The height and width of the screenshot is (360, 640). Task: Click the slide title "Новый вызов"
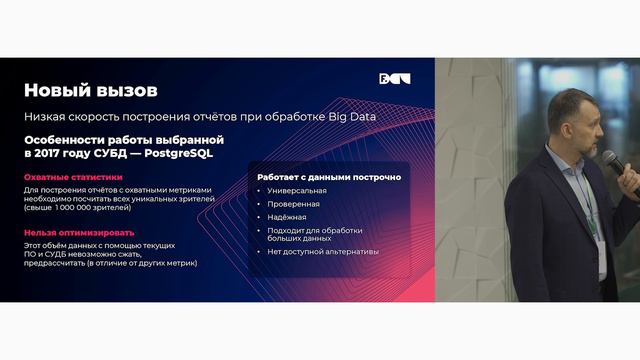point(90,91)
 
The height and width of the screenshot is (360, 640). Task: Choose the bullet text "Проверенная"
point(291,203)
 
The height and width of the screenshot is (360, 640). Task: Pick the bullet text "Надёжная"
point(287,216)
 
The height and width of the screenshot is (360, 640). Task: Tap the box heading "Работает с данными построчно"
point(329,177)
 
